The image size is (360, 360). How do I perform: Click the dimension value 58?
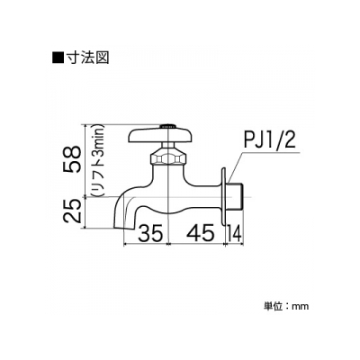tap(72, 159)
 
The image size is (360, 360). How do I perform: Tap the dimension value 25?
tap(72, 211)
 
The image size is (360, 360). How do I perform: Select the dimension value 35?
tap(150, 233)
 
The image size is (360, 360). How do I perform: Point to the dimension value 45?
tap(202, 233)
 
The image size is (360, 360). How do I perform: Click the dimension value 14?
tap(234, 233)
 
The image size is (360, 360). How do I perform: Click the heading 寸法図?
tap(87, 57)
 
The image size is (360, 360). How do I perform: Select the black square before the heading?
tap(58, 57)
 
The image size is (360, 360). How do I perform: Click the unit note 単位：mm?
tap(286, 306)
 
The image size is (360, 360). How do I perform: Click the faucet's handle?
tap(161, 135)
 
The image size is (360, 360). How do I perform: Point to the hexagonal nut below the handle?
tap(168, 157)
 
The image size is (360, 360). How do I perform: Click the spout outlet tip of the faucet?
tap(124, 229)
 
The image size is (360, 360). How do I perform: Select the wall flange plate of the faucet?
tap(224, 196)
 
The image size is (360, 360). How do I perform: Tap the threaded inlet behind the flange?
tap(235, 196)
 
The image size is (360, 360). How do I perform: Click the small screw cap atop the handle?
tap(167, 126)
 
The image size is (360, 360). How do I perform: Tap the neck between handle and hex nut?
tap(168, 146)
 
